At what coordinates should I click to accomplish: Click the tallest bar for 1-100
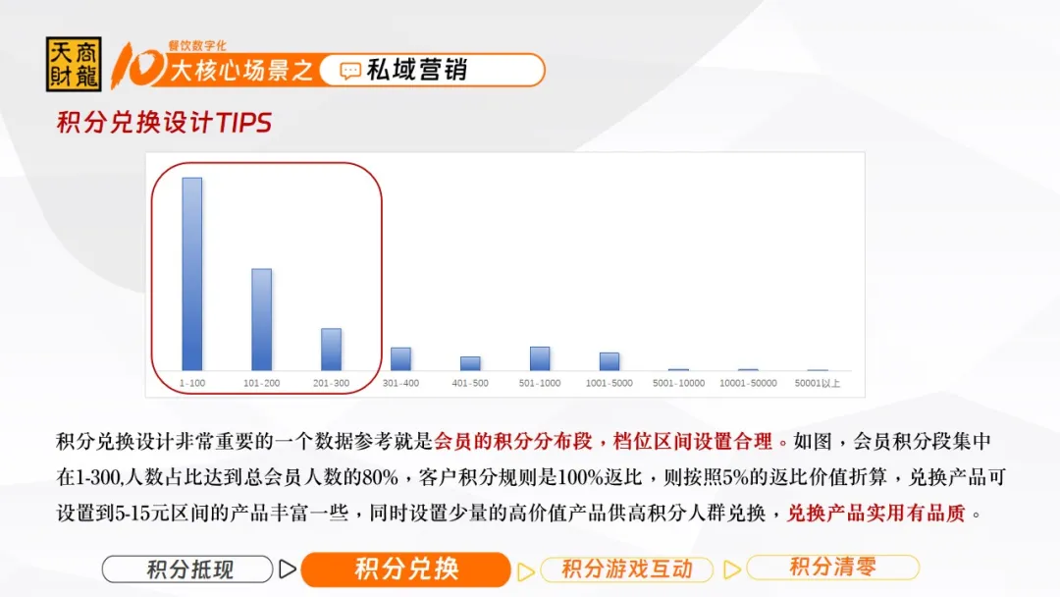pyautogui.click(x=192, y=274)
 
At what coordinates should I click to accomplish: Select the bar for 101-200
pyautogui.click(x=262, y=319)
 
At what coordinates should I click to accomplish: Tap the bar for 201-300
pyautogui.click(x=332, y=349)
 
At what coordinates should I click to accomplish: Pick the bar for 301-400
pyautogui.click(x=400, y=359)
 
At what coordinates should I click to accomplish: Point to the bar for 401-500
pyautogui.click(x=470, y=363)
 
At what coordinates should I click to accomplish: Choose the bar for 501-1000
pyautogui.click(x=540, y=358)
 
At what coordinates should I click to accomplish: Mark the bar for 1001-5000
pyautogui.click(x=609, y=361)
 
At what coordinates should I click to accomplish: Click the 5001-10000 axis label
pyautogui.click(x=679, y=383)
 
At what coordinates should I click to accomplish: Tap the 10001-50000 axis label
pyautogui.click(x=748, y=383)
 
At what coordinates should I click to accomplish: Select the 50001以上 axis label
pyautogui.click(x=818, y=383)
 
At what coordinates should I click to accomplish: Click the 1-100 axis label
pyautogui.click(x=192, y=383)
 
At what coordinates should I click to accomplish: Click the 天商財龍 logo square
pyautogui.click(x=74, y=64)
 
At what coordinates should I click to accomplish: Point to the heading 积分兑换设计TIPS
pyautogui.click(x=164, y=123)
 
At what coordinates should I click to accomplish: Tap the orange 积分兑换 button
pyautogui.click(x=405, y=570)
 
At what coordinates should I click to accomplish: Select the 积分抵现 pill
pyautogui.click(x=187, y=570)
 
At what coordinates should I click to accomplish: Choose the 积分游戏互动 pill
pyautogui.click(x=626, y=570)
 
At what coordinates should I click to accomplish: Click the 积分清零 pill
pyautogui.click(x=833, y=567)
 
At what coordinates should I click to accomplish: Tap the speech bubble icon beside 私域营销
pyautogui.click(x=350, y=71)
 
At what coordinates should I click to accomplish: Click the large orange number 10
pyautogui.click(x=138, y=66)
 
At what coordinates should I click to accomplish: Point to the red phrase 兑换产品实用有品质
pyautogui.click(x=876, y=514)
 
